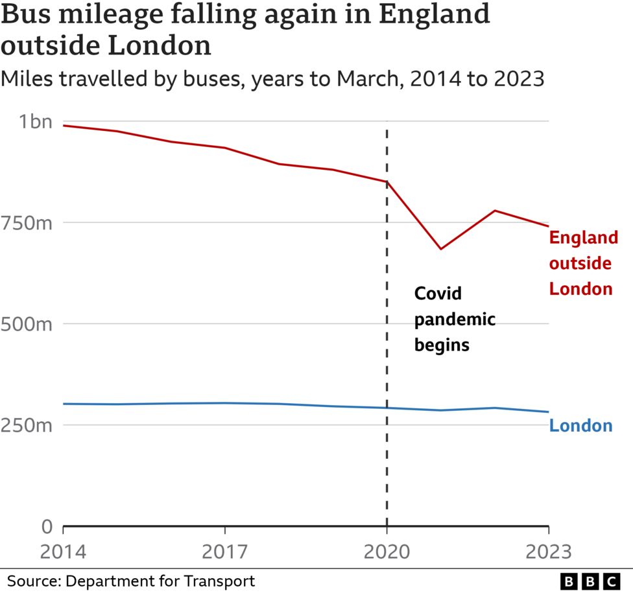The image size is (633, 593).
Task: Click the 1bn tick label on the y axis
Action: coord(34,121)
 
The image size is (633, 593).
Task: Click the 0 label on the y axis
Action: coord(46,526)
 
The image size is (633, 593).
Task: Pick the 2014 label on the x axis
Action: coord(64,552)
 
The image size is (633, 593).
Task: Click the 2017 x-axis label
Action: coord(224,552)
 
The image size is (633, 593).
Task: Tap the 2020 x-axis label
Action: coord(387,552)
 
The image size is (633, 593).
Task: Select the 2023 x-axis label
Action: coord(548,552)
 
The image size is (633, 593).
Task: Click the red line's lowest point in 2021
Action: coord(441,249)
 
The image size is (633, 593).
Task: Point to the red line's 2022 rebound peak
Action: coord(495,211)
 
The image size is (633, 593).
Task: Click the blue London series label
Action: coord(580,426)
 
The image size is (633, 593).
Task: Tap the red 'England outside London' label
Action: coord(582,263)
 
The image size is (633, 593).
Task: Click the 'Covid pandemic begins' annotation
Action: coord(454,319)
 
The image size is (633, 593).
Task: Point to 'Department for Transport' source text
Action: coord(160,580)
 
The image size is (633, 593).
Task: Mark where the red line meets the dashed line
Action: coord(387,182)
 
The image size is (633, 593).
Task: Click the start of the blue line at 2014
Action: coord(64,404)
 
